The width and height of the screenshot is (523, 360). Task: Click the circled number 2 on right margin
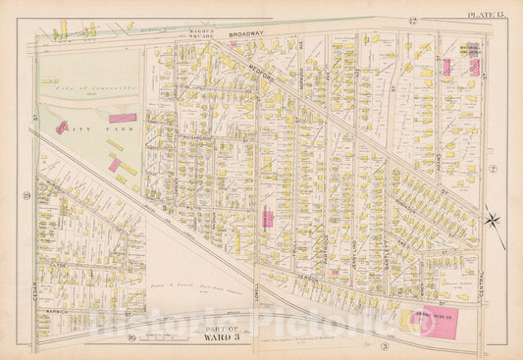(x=495, y=171)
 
